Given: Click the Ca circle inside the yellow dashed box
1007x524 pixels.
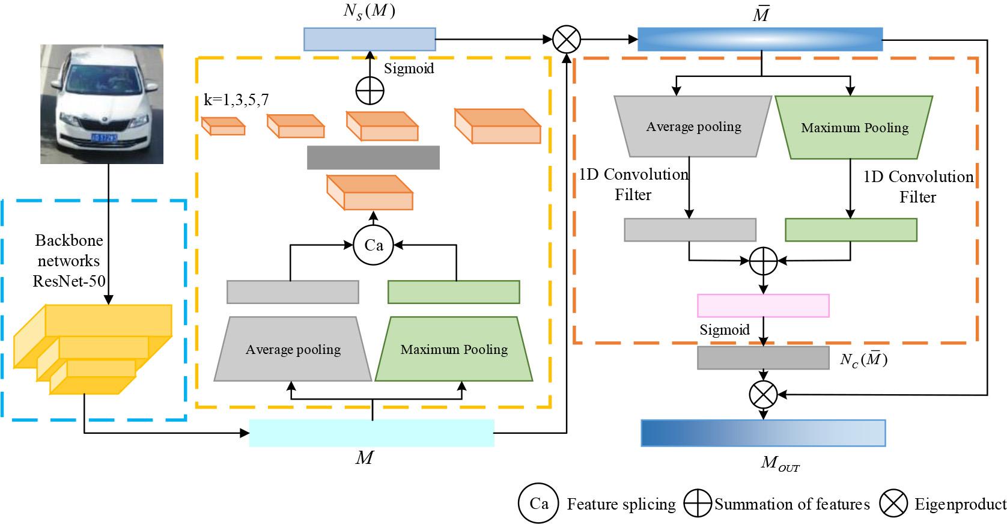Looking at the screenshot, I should click(373, 245).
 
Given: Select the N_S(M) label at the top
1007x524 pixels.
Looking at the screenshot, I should click(369, 12).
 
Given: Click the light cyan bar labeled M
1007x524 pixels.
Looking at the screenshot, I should click(371, 433).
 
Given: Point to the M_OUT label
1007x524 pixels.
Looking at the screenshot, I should click(780, 463).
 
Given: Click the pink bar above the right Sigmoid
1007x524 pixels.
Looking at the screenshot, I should click(763, 305).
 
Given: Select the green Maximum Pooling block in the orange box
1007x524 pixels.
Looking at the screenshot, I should click(854, 127).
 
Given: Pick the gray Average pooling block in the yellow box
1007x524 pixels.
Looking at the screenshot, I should click(293, 349).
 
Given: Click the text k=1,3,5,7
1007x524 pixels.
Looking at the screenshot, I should click(236, 100).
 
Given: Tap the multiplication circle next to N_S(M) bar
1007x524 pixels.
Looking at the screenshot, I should click(566, 39).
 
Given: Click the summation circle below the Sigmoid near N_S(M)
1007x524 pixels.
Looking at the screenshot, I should click(370, 91).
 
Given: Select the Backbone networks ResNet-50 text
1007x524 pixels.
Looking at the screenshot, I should click(68, 261).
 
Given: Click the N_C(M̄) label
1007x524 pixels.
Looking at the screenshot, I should click(863, 360).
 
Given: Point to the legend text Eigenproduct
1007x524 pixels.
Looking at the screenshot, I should click(960, 504).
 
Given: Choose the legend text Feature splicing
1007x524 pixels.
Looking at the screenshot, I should click(621, 504).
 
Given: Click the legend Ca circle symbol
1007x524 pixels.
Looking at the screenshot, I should click(539, 503).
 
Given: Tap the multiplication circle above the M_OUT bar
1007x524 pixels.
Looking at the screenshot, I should click(763, 395).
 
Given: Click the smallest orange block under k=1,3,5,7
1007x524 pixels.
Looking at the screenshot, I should click(223, 126).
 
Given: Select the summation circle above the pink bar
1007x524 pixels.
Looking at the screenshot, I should click(763, 260).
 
